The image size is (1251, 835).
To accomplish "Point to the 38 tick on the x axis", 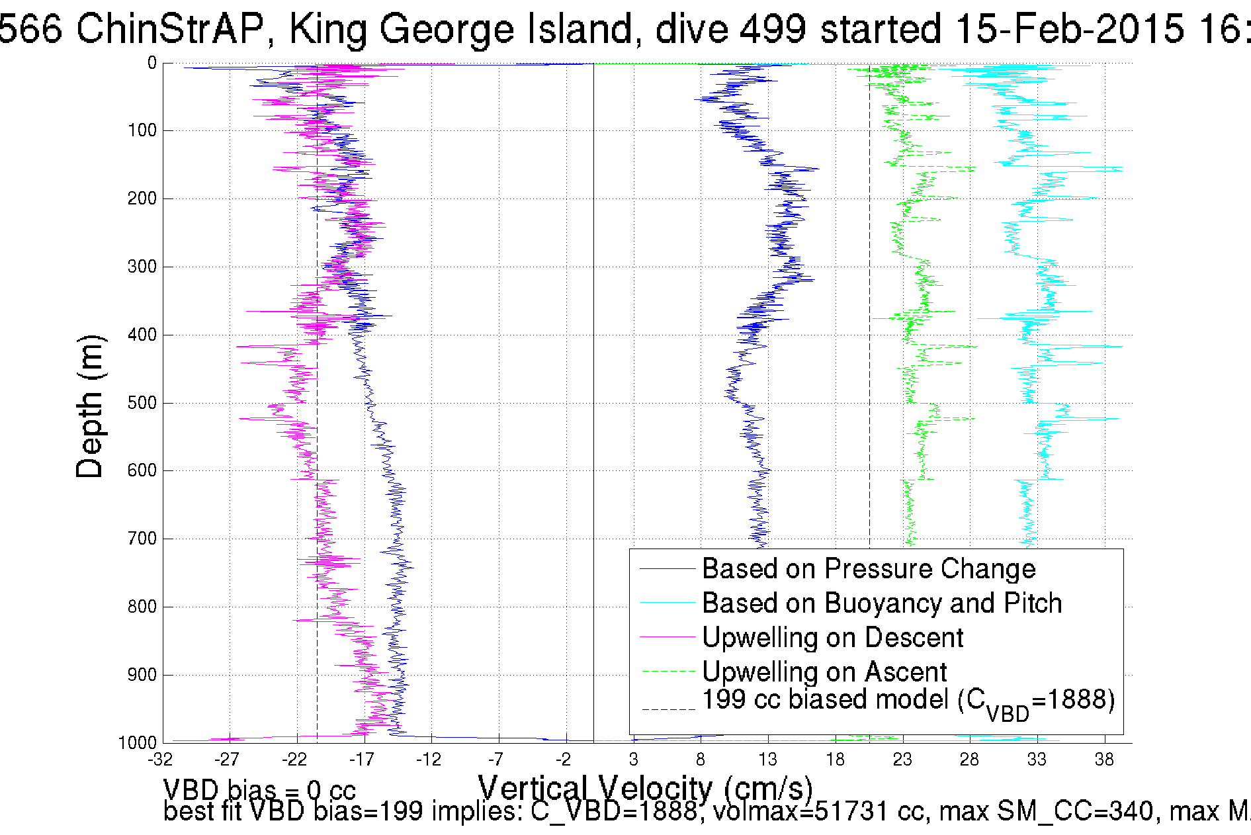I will [x=1103, y=760].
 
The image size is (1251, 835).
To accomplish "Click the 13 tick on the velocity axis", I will [x=767, y=760].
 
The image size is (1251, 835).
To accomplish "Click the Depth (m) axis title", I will [x=90, y=406].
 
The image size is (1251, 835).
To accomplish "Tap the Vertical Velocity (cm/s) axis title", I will [x=645, y=789].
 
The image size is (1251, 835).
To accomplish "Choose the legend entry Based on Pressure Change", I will [x=868, y=569].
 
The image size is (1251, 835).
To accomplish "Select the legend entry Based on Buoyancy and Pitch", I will [x=881, y=603].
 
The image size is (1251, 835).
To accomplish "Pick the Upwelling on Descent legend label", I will [x=832, y=638].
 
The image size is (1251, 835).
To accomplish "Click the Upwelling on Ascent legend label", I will [x=824, y=672].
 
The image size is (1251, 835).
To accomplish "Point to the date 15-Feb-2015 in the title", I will [x=1070, y=29].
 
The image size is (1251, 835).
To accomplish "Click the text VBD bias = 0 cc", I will [x=259, y=790].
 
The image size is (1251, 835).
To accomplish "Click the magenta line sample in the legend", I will [x=668, y=637].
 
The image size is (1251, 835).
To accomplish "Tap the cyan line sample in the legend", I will [x=668, y=603].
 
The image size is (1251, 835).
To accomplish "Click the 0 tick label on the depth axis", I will [x=151, y=64].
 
